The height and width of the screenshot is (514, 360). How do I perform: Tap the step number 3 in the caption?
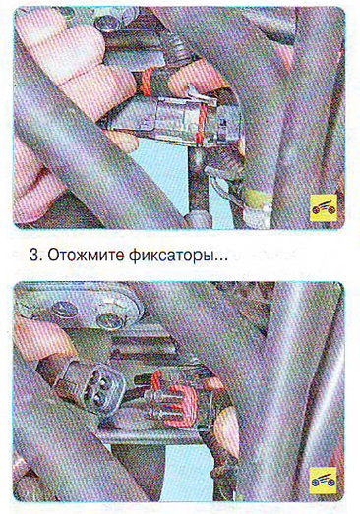pos(33,256)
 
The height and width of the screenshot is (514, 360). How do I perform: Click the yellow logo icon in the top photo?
pos(324,208)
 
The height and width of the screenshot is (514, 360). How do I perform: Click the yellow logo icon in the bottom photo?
pos(324,481)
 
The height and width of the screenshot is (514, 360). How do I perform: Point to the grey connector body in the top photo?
pos(174,120)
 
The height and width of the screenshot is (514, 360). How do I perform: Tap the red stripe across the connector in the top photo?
pos(201,126)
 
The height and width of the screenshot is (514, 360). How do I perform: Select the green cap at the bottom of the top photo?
pos(259,200)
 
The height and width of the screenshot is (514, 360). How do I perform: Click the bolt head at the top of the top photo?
pos(108,24)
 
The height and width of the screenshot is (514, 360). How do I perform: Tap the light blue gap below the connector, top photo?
pos(157,169)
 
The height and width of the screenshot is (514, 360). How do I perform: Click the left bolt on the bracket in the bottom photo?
pos(64,309)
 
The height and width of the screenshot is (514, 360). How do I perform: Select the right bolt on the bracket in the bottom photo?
pos(111,320)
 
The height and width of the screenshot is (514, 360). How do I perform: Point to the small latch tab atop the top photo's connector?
pos(197,93)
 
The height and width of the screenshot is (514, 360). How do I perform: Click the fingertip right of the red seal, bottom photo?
pos(226,431)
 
